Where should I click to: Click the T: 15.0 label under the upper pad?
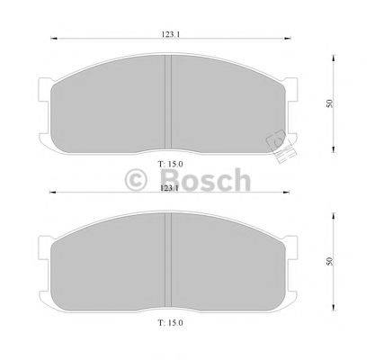(170, 163)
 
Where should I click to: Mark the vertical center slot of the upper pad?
(170, 102)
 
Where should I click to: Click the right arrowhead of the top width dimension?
(289, 40)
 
